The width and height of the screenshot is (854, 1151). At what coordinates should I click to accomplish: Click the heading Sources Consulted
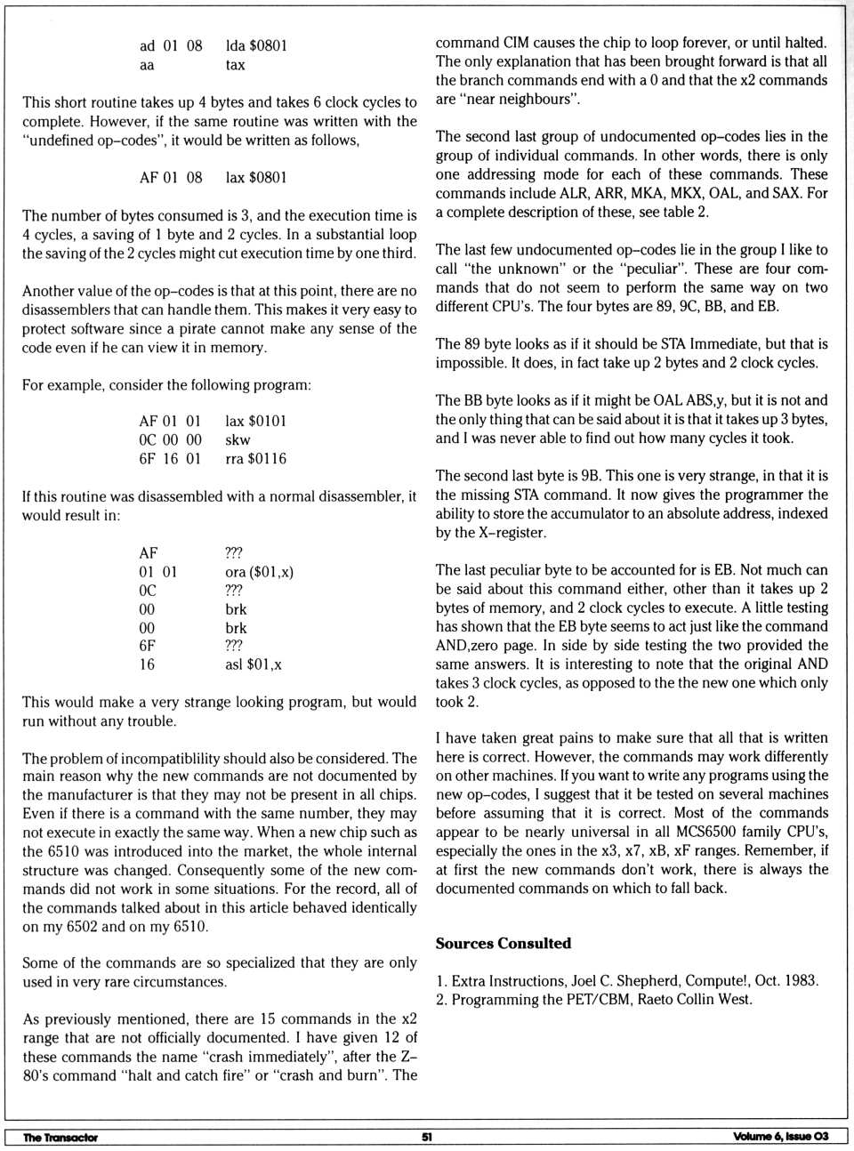503,943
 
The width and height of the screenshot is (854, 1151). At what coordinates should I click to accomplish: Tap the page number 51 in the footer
427,1136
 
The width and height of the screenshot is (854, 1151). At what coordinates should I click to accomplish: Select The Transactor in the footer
60,1137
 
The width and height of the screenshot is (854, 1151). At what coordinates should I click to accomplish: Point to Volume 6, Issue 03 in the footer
780,1136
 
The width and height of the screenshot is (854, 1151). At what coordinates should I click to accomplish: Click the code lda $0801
256,45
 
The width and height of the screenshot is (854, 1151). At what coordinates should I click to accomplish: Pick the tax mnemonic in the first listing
235,65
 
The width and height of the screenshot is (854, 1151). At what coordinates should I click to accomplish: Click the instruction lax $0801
256,177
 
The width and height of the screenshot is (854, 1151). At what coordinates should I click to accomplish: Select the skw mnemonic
238,440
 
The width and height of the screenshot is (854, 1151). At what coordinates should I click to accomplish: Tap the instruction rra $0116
256,459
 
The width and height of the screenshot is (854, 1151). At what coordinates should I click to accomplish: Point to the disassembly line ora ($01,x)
260,572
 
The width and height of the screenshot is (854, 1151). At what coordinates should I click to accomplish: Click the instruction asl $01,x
254,664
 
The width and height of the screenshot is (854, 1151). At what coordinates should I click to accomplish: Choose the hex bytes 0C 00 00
170,440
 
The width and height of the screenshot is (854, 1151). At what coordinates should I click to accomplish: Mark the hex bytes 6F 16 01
170,459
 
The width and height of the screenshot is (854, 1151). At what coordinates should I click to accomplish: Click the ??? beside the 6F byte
234,646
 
